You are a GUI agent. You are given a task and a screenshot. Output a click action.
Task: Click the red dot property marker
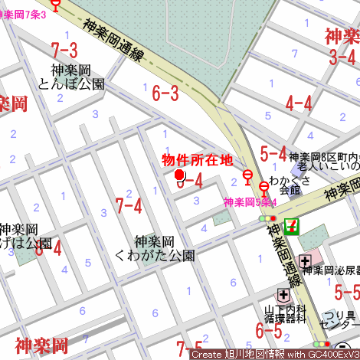(x=180, y=175)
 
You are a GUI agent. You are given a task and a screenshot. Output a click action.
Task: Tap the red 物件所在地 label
(x=196, y=160)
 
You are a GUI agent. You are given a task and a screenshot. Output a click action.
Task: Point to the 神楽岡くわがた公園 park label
(x=155, y=248)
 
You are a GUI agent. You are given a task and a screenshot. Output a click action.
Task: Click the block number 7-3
(x=64, y=51)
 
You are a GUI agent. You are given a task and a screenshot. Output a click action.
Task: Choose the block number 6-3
(x=165, y=94)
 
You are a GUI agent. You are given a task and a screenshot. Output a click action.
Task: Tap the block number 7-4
(x=129, y=205)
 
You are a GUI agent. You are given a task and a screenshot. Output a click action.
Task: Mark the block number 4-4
(x=299, y=103)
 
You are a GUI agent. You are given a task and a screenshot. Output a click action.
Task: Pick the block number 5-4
(x=273, y=154)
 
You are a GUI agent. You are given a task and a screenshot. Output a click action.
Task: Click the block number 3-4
(x=342, y=56)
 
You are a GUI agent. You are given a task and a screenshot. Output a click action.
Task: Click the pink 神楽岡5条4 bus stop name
(x=250, y=203)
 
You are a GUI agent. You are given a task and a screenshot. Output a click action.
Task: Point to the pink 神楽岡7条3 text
(x=24, y=15)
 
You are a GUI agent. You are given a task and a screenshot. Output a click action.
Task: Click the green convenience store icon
(x=291, y=226)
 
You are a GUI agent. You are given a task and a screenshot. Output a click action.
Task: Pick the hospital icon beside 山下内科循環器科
(x=283, y=295)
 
